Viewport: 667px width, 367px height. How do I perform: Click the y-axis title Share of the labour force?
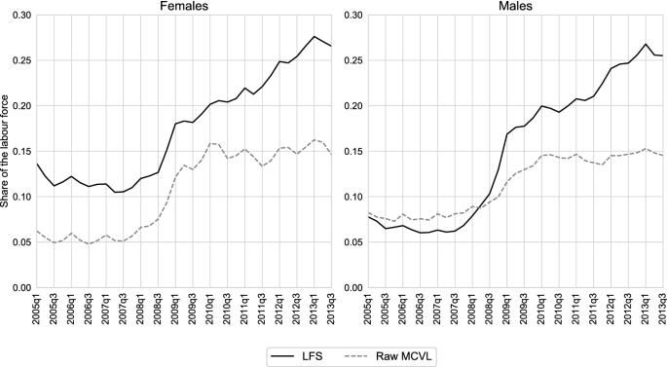pyautogui.click(x=8, y=151)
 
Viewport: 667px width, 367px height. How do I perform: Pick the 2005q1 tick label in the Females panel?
pyautogui.click(x=36, y=311)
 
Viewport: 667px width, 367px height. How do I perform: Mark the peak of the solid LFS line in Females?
pyautogui.click(x=315, y=37)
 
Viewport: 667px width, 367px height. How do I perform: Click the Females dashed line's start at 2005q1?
pyautogui.click(x=36, y=231)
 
